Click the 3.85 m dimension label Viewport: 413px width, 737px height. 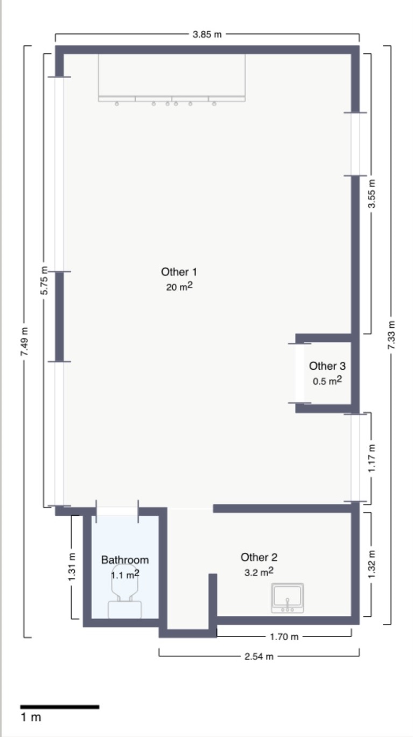(x=207, y=34)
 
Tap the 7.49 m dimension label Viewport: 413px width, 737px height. (x=24, y=341)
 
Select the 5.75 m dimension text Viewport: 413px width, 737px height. (x=44, y=280)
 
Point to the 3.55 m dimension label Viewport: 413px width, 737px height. (x=372, y=194)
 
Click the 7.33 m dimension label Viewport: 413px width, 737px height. (x=391, y=335)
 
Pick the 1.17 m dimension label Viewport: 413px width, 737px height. (x=372, y=458)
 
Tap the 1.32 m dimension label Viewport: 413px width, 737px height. (x=372, y=564)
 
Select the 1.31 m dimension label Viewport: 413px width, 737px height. (x=72, y=566)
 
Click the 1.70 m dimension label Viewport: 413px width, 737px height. (x=284, y=637)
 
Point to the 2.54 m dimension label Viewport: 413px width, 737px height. (x=259, y=656)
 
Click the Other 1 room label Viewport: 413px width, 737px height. (x=179, y=272)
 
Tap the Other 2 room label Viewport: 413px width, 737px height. (x=259, y=557)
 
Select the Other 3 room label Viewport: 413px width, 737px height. (x=327, y=366)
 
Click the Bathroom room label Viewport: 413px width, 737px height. (x=125, y=560)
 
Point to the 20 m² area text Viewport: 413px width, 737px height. (x=179, y=286)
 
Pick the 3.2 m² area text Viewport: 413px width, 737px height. (x=259, y=572)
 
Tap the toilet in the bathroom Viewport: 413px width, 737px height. (x=125, y=591)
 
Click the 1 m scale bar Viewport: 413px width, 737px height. (x=60, y=706)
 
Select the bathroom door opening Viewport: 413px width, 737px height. (x=117, y=511)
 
